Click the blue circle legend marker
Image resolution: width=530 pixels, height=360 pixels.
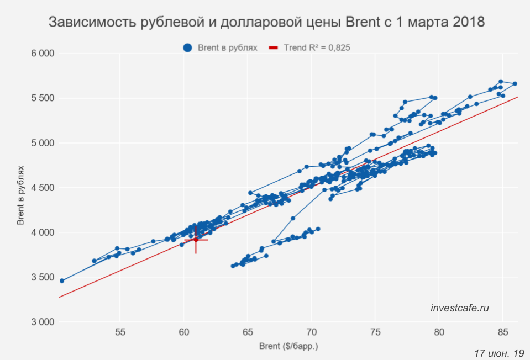click(187, 48)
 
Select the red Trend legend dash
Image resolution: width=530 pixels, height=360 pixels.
click(273, 48)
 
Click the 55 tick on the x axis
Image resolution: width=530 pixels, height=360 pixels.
click(120, 333)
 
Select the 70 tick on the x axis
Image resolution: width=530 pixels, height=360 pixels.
click(311, 333)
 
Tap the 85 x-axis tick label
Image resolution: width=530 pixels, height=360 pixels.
click(502, 333)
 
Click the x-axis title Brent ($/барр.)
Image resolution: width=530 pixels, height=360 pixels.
click(288, 347)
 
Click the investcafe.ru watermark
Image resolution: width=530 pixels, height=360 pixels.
click(459, 308)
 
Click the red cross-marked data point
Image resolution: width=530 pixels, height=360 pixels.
click(196, 239)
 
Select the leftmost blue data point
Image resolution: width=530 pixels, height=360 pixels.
click(62, 280)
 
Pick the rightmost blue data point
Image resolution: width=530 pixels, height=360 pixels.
click(515, 84)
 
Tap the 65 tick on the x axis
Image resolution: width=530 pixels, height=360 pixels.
click(248, 333)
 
